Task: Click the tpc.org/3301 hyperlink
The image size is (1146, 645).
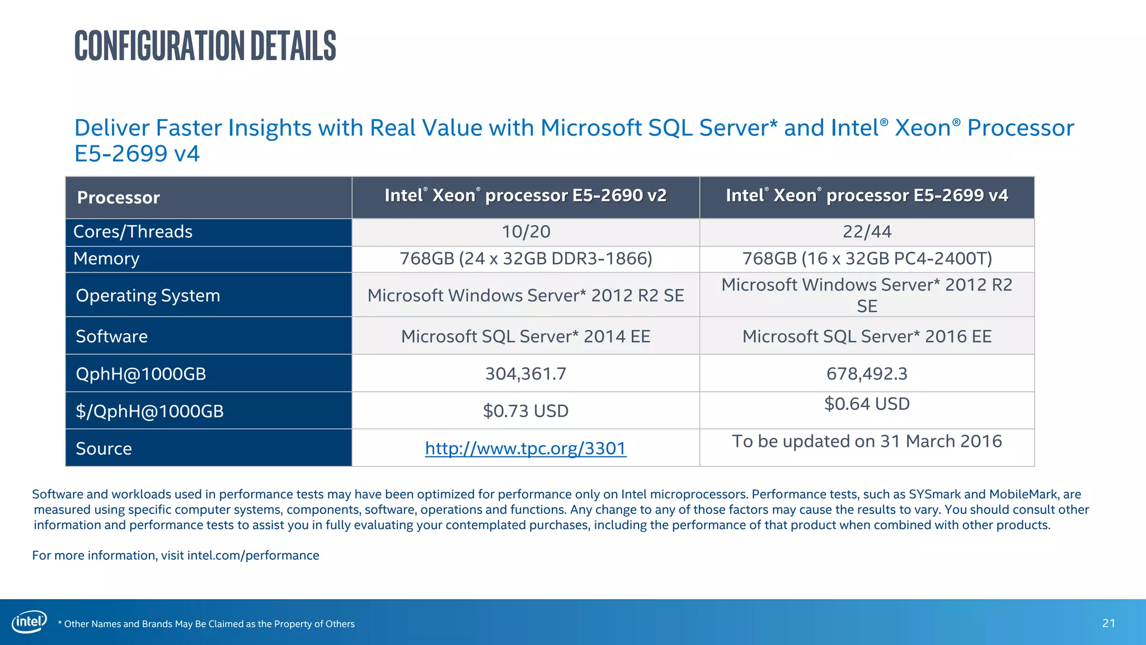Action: click(525, 448)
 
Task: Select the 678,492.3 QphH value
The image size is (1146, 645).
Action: click(867, 373)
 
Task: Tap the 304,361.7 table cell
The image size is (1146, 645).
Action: click(525, 373)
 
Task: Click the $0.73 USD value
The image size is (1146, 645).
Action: click(525, 411)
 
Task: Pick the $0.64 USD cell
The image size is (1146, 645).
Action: click(867, 404)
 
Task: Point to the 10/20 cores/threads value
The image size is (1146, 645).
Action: click(525, 232)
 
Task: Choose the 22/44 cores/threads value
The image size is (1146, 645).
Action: click(867, 232)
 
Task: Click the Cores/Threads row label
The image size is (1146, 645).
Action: click(133, 232)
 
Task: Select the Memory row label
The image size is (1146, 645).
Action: click(106, 259)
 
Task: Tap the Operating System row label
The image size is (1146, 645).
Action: click(148, 296)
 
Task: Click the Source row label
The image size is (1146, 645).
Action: click(104, 448)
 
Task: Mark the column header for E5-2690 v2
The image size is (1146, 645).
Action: click(525, 195)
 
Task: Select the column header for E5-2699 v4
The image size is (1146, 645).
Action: click(867, 195)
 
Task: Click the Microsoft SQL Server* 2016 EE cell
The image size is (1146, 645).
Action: click(867, 336)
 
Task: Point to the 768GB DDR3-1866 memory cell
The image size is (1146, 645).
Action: click(525, 259)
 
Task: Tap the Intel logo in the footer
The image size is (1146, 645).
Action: click(29, 622)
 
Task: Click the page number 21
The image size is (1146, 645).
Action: click(1109, 623)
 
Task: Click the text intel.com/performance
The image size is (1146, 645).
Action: click(253, 555)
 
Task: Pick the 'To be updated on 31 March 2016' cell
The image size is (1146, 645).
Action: click(867, 441)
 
